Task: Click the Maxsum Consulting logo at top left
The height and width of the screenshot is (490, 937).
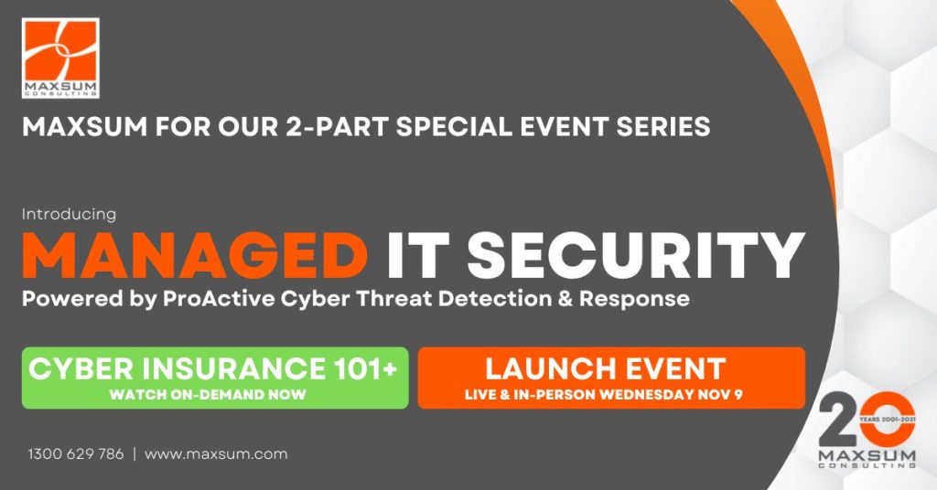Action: [60, 58]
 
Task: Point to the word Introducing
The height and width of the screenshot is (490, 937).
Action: [69, 214]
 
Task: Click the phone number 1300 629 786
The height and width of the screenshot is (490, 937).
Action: [75, 453]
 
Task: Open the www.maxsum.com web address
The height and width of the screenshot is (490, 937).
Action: [216, 453]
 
